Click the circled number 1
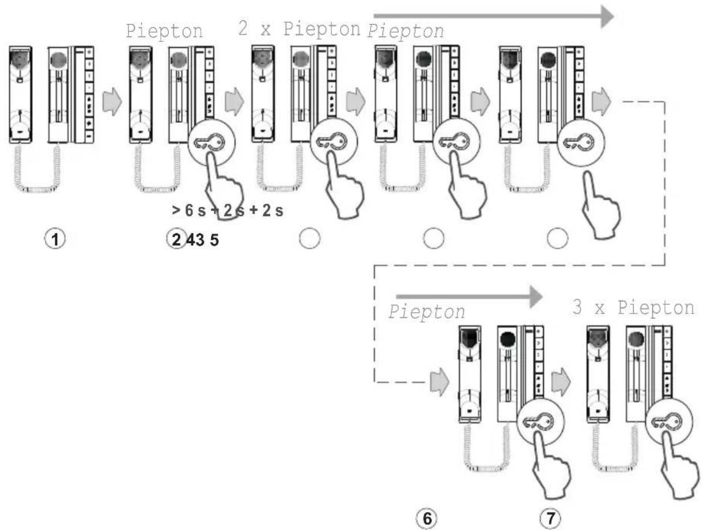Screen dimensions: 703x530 55,239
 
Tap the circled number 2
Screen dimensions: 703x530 176,239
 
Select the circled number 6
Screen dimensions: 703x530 427,518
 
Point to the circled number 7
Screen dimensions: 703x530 550,518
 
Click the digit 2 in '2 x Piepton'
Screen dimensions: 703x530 243,28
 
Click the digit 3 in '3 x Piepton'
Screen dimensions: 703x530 577,306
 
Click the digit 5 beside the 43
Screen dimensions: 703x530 214,240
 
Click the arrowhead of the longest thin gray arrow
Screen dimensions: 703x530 607,16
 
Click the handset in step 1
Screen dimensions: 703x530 21,94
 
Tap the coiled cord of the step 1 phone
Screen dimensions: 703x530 37,169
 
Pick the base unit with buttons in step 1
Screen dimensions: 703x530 71,94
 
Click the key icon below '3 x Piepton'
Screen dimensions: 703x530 669,422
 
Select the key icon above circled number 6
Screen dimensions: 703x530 541,422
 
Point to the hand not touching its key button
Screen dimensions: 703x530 600,206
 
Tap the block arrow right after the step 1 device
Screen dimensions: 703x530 112,101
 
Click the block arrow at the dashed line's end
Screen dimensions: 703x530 440,381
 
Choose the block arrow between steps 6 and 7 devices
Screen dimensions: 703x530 561,381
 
